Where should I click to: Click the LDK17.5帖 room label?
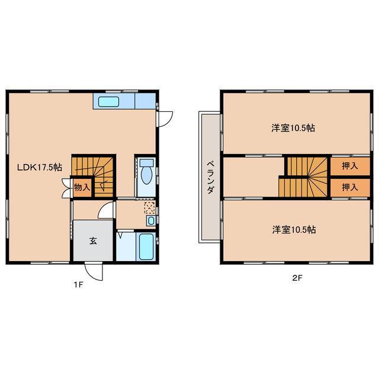40,167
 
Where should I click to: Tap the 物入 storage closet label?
82,187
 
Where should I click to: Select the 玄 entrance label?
94,241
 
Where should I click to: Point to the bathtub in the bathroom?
146,246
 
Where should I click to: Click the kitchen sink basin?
108,102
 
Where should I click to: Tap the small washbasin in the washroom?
151,221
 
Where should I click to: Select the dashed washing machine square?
150,208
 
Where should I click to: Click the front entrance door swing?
94,272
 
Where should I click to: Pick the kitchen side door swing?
165,119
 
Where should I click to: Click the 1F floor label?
78,285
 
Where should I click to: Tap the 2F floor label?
297,278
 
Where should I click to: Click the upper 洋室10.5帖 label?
293,128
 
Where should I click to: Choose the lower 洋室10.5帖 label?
294,230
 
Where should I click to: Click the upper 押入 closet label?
350,166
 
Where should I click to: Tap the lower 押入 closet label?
350,187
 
